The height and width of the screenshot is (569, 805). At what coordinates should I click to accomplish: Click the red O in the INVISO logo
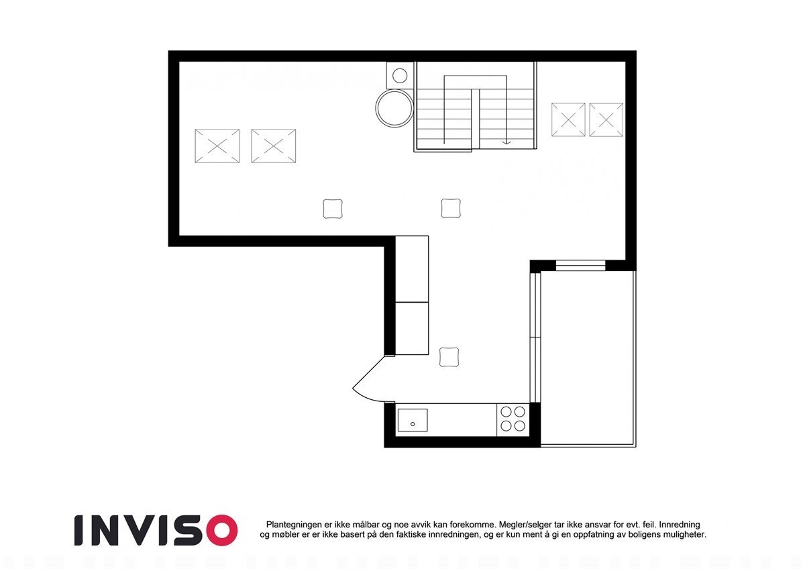[x=219, y=530]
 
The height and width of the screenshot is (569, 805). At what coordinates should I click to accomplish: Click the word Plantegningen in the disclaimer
[x=295, y=524]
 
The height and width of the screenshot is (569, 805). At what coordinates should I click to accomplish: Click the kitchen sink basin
[x=413, y=420]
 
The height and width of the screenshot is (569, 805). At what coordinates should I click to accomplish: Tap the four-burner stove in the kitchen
[x=513, y=419]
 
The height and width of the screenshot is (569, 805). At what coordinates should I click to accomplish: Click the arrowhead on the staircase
[x=507, y=142]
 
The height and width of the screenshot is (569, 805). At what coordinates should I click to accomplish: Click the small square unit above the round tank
[x=400, y=75]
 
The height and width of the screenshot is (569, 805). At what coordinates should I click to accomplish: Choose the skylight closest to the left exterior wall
[x=217, y=146]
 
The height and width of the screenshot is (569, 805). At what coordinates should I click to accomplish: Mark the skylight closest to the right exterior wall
[x=606, y=120]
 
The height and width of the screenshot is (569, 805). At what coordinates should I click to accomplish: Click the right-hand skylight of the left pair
[x=273, y=146]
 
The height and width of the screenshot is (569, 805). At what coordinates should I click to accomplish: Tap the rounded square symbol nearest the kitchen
[x=449, y=357]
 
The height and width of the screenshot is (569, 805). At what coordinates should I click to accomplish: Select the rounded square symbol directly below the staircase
[x=451, y=208]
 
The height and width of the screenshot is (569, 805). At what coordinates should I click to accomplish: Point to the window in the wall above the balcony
[x=581, y=266]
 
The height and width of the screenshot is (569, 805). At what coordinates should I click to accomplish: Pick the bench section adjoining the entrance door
[x=412, y=328]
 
